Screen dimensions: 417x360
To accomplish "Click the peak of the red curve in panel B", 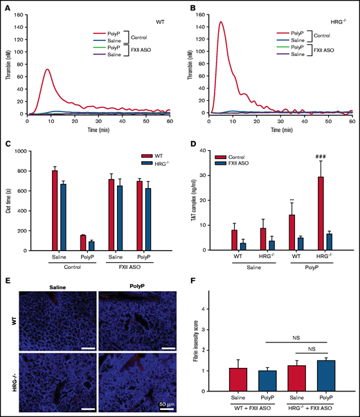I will [221, 22].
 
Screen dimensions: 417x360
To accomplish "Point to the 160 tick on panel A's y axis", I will [21, 14].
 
